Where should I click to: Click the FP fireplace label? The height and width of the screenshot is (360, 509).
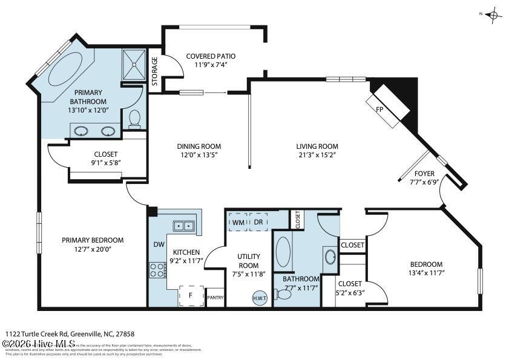coord(380,110)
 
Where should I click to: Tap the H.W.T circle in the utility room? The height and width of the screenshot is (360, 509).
coord(260,298)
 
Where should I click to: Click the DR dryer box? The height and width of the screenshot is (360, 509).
coord(258,222)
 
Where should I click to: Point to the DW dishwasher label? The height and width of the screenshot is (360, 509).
coord(158,244)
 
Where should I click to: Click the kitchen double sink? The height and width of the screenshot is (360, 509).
coord(185,226)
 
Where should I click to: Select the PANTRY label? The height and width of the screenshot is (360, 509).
coord(215,298)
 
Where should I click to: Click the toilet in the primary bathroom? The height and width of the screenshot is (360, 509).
coord(135,117)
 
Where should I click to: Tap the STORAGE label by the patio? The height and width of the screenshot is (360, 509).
coord(154,71)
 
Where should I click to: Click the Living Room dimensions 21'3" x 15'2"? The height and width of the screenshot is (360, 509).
coord(317,155)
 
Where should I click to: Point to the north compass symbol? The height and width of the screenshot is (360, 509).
coord(493,15)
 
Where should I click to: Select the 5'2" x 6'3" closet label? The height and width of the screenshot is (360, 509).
coord(350,287)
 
